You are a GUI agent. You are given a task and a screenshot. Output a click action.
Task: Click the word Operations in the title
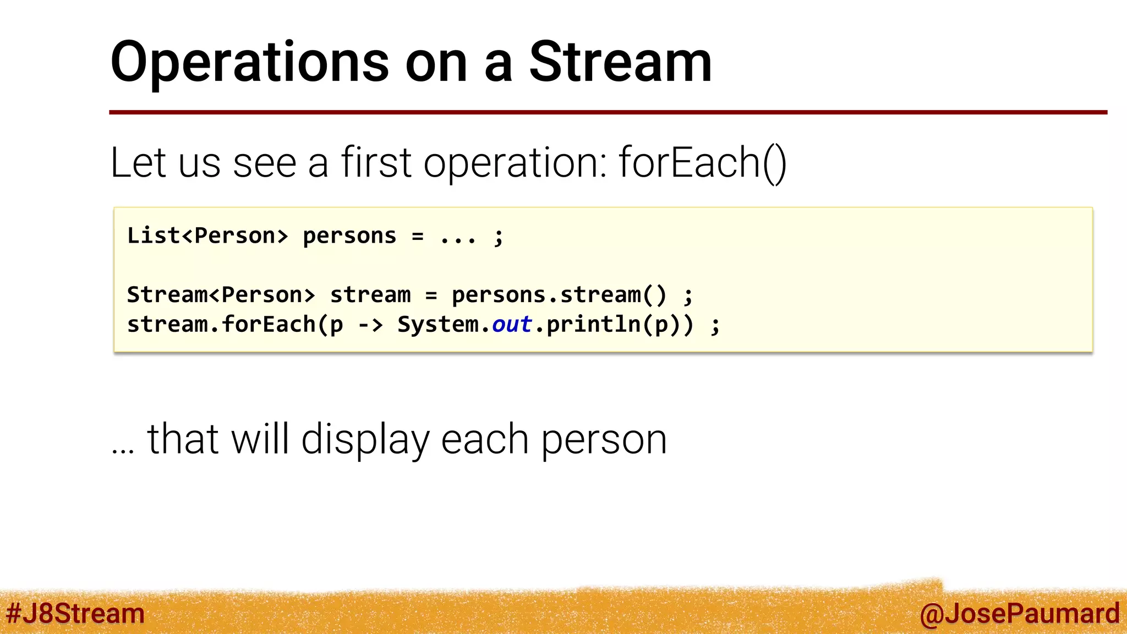(x=249, y=63)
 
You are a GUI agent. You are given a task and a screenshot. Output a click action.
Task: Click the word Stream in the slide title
(x=620, y=63)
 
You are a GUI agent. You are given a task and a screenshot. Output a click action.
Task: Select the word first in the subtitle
(x=376, y=163)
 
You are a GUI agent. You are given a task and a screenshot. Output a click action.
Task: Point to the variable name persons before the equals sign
(x=349, y=236)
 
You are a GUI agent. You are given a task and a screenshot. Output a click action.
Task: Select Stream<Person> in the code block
(x=221, y=295)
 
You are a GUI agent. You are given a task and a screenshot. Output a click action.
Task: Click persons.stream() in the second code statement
(x=559, y=295)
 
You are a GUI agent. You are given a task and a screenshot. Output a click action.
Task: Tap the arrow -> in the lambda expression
(x=370, y=325)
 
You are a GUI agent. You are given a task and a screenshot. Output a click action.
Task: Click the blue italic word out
(x=511, y=325)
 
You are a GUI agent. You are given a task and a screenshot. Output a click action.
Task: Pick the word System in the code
(x=438, y=325)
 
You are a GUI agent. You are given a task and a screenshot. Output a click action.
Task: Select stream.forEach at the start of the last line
(x=221, y=325)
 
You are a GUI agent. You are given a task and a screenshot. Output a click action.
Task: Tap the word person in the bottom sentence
(x=604, y=440)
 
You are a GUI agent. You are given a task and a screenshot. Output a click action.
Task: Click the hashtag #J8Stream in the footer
(x=75, y=613)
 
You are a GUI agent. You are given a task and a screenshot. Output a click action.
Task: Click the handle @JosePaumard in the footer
(x=1019, y=613)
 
